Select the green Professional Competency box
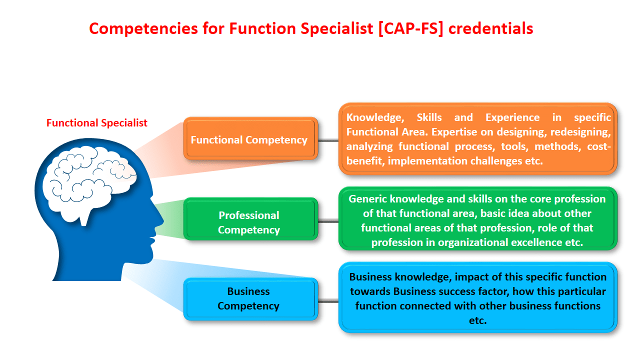pos(250,219)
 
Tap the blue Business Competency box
pos(250,299)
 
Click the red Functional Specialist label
pos(97,123)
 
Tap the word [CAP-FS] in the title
pos(410,29)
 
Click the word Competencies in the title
pos(143,29)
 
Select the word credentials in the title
pos(491,28)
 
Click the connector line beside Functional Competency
pos(328,140)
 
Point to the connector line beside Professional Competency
pos(328,220)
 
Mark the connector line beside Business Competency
pos(328,301)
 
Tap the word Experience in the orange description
pos(512,117)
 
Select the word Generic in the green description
pos(367,199)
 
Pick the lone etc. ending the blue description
pos(477,320)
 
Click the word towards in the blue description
pos(370,291)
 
